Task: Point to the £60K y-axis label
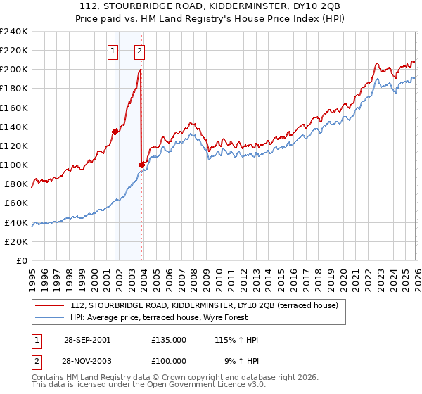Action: [x=16, y=203]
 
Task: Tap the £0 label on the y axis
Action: [x=22, y=260]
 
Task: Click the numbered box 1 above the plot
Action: [x=113, y=50]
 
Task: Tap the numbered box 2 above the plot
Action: [x=140, y=50]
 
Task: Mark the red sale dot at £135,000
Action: [x=115, y=131]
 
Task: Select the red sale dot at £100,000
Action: [x=142, y=165]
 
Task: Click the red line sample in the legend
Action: [x=50, y=305]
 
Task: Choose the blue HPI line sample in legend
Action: [x=50, y=317]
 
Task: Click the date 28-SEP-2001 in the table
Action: [x=86, y=340]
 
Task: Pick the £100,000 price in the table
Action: [x=168, y=360]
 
